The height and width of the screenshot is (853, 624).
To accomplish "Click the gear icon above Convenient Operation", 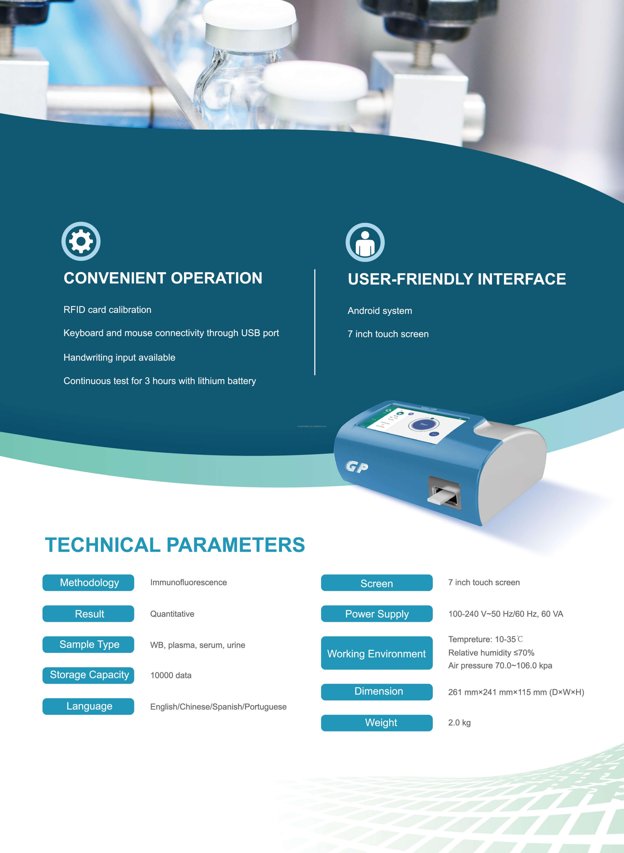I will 81,241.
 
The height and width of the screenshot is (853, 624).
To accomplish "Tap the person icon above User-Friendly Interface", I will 365,242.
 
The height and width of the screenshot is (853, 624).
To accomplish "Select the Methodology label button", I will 88,582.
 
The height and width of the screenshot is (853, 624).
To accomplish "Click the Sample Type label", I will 88,644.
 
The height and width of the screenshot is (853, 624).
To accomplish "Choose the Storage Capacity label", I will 88,675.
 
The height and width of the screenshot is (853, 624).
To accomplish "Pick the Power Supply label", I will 377,614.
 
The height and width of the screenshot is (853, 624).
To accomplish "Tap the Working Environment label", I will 377,653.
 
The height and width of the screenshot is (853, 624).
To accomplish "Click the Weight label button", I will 377,723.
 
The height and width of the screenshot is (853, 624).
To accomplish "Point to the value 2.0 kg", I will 459,723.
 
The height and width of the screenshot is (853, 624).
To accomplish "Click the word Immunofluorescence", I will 189,582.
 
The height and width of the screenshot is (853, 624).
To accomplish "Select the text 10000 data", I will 171,675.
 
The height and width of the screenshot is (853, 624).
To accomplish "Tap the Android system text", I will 380,311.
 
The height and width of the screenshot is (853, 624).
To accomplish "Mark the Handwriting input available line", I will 119,357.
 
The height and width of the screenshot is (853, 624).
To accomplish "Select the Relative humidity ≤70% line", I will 491,653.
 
